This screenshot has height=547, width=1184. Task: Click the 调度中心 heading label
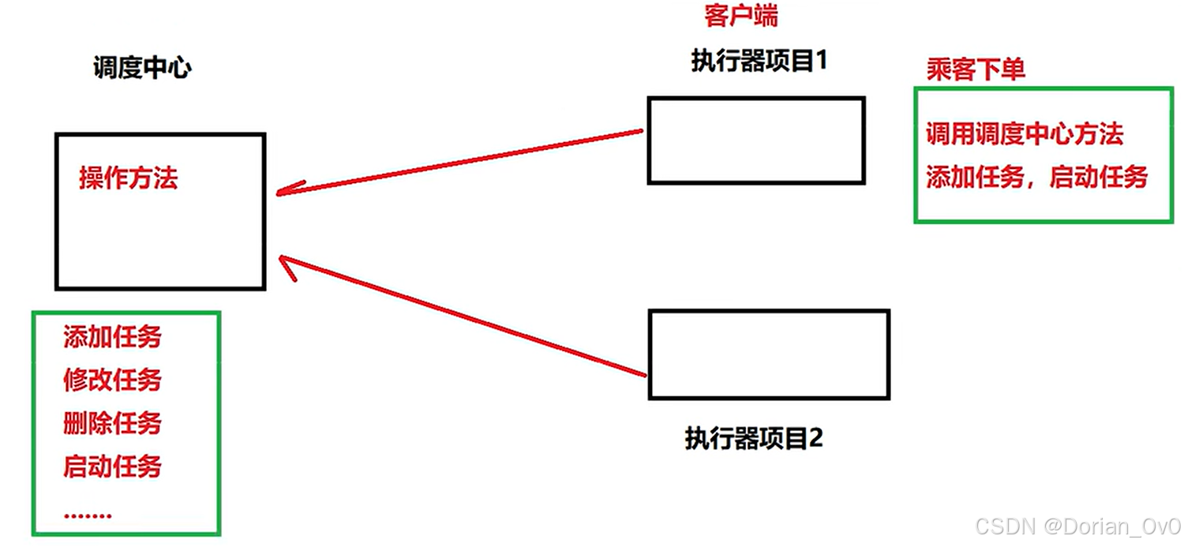(x=142, y=69)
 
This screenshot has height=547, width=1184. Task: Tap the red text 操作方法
(x=129, y=178)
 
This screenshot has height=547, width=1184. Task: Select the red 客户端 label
(x=741, y=16)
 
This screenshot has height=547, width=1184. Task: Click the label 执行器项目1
(x=759, y=61)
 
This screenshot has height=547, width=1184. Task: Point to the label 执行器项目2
(x=754, y=438)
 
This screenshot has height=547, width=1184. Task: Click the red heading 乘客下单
(x=976, y=70)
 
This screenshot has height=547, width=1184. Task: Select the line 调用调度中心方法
(x=1024, y=134)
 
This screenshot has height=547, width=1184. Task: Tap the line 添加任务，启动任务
(x=1036, y=177)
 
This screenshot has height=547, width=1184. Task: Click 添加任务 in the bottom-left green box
(x=112, y=338)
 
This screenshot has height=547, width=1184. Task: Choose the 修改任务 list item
(x=112, y=380)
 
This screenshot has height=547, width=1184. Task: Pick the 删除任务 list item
(x=112, y=423)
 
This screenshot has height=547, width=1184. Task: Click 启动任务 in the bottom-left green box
(x=112, y=466)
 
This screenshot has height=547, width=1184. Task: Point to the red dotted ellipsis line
(x=88, y=515)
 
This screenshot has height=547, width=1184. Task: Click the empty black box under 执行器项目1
(x=756, y=140)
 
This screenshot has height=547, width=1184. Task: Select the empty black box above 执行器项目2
(x=769, y=354)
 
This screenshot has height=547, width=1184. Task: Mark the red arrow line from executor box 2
(x=466, y=317)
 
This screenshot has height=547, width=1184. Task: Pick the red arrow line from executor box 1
(x=466, y=162)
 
